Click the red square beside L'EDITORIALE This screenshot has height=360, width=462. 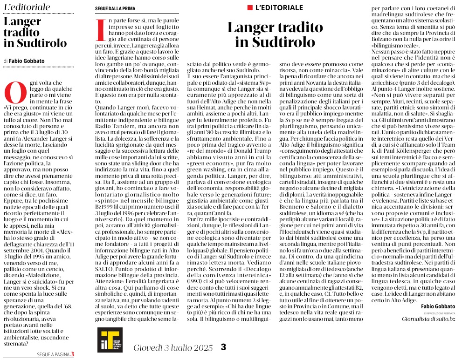pyautogui.click(x=250, y=8)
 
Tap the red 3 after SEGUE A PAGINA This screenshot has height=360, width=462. pyautogui.click(x=72, y=354)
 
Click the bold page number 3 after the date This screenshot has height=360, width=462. pyautogui.click(x=223, y=347)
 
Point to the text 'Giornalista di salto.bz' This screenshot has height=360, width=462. pyautogui.click(x=428, y=319)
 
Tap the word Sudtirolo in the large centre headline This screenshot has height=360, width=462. pyautogui.click(x=275, y=42)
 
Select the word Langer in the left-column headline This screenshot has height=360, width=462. pyautogui.click(x=23, y=22)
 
